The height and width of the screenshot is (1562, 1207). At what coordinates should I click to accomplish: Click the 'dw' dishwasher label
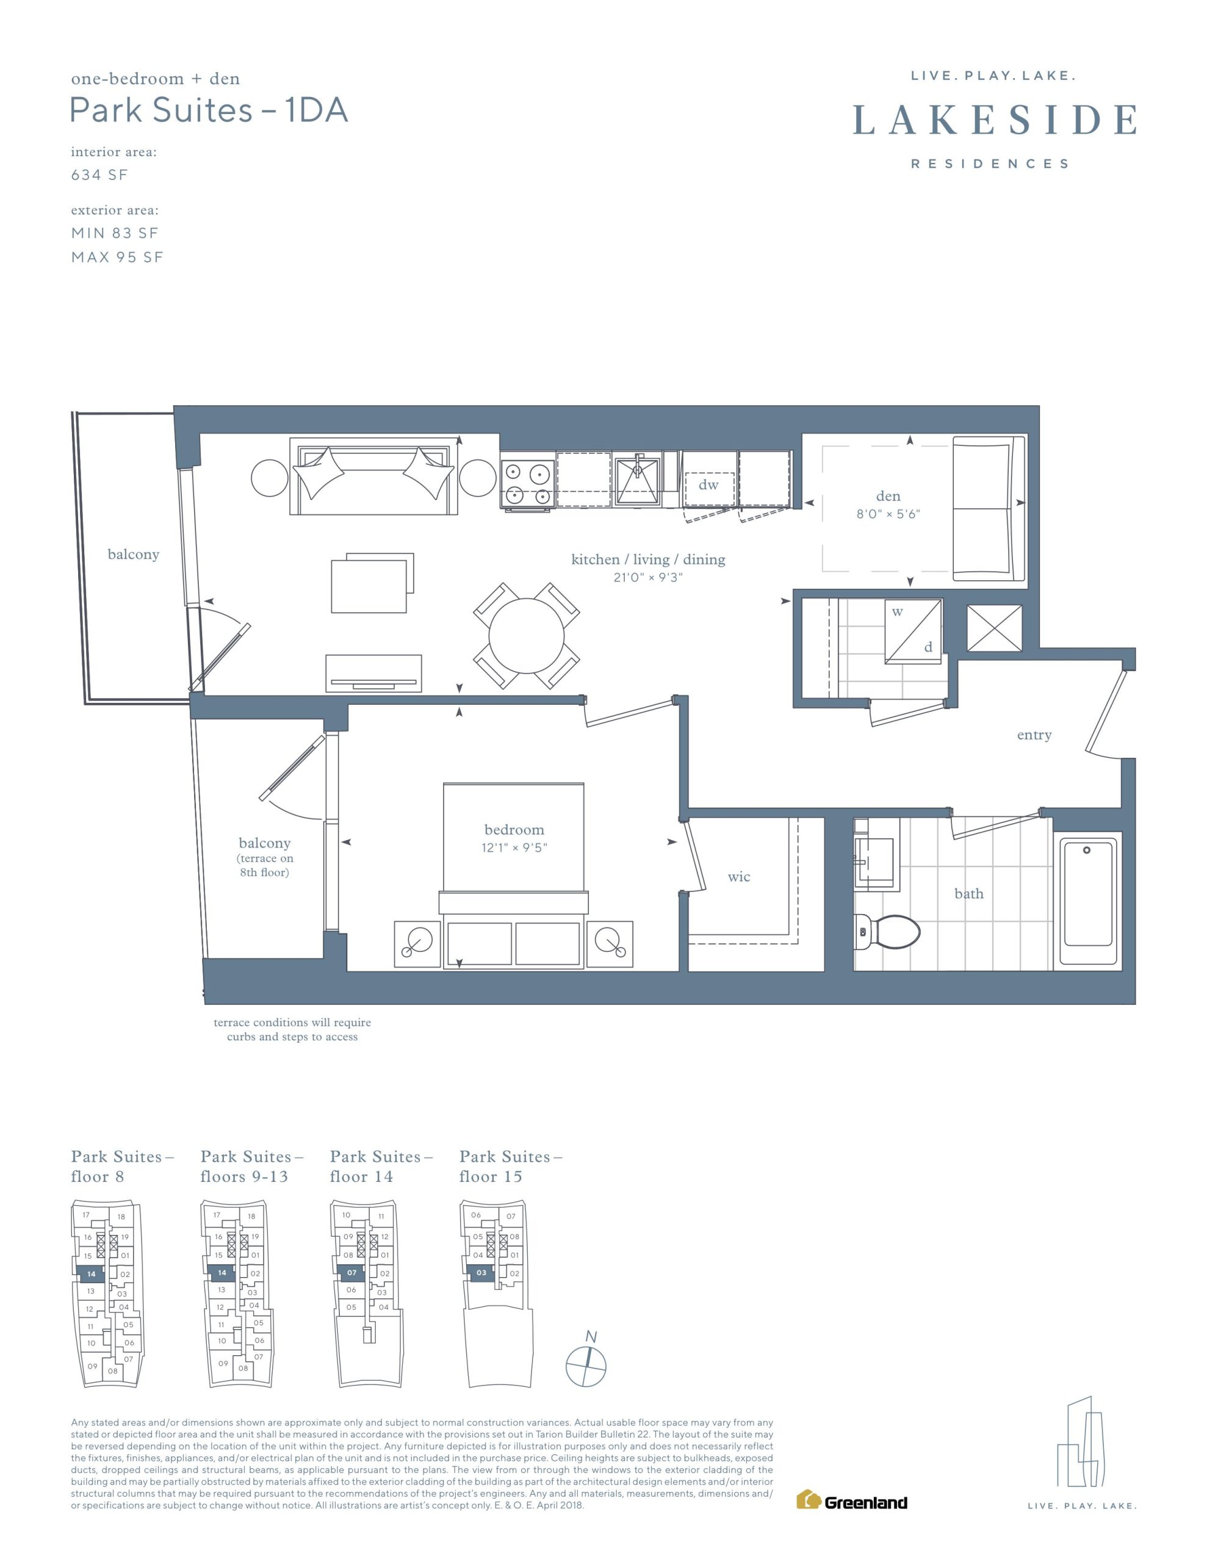708,485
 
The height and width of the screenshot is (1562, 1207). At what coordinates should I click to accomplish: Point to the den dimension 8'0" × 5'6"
888,514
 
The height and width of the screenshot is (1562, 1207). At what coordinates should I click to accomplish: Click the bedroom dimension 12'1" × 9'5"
514,848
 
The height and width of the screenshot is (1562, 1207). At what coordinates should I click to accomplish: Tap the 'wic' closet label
739,877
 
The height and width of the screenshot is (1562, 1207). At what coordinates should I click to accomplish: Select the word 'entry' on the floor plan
1034,735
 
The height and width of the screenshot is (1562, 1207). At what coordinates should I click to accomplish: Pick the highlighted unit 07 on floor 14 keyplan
351,1272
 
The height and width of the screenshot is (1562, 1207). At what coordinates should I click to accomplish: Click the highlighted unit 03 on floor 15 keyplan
481,1272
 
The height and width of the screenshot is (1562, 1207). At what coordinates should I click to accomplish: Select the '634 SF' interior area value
99,175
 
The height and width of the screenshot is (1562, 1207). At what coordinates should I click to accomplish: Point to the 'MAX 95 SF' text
117,257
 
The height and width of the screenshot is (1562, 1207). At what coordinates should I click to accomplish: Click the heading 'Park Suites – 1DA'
209,110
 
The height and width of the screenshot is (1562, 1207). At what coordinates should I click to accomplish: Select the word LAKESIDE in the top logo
995,120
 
